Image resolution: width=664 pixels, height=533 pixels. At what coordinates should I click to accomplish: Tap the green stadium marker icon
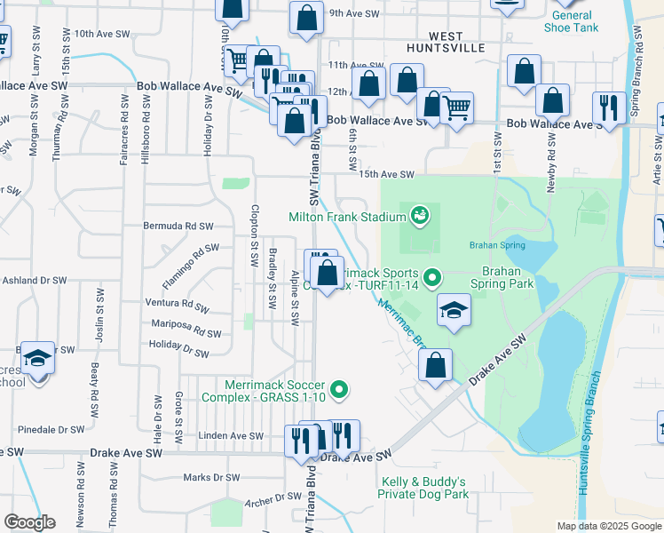[x=419, y=214]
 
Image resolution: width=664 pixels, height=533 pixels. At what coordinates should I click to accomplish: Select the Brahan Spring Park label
[x=507, y=277]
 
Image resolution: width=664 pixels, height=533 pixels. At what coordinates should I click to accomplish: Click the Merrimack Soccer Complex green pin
[x=338, y=389]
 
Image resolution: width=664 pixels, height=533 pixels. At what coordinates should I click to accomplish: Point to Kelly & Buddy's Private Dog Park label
[x=422, y=487]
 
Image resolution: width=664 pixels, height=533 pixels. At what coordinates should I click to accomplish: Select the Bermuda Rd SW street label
[x=178, y=227]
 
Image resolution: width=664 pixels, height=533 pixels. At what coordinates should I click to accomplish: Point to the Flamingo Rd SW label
[x=190, y=265]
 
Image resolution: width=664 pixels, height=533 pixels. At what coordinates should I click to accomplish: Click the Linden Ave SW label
[x=231, y=436]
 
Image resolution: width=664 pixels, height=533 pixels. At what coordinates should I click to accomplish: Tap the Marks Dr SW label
[x=211, y=477]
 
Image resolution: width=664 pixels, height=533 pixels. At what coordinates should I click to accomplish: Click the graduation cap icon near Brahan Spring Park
[x=454, y=311]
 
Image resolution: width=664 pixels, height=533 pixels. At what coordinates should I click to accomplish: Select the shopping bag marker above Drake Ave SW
[x=435, y=364]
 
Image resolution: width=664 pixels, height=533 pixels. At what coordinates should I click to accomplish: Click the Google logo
[x=29, y=522]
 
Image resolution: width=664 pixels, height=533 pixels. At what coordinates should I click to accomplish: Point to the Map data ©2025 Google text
[x=609, y=526]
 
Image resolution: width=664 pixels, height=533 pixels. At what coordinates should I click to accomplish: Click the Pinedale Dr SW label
[x=50, y=429]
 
